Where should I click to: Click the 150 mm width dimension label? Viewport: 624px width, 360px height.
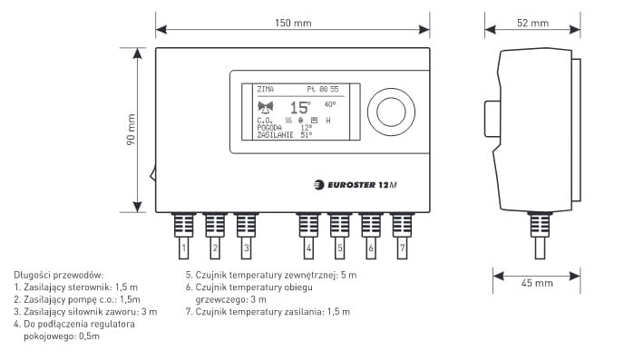293,23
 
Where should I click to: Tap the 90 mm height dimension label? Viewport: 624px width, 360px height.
131,130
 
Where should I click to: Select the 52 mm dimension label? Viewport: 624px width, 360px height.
533,23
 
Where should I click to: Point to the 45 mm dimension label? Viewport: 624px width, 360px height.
537,283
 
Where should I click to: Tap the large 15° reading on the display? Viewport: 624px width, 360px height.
300,108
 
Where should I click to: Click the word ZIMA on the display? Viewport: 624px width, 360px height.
266,89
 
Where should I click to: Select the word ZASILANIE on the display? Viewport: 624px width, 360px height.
275,135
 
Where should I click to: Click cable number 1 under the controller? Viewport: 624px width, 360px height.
183,236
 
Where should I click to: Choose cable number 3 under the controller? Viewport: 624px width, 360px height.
247,236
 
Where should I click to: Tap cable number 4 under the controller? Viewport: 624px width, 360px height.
308,236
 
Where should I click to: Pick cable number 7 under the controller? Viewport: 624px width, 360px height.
402,236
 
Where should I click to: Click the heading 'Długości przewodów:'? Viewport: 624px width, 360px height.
58,275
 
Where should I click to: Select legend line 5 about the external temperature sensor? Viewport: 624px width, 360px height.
271,275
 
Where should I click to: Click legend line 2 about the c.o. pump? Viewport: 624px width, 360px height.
77,299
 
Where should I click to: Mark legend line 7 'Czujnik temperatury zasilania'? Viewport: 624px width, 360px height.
268,311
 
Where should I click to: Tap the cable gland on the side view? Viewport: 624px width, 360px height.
540,225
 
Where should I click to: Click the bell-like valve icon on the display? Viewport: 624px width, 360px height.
266,107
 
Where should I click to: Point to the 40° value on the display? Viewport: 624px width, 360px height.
330,104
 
